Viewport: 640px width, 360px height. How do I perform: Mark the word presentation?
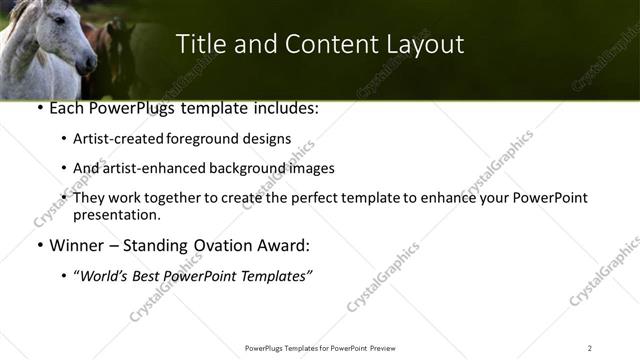116,215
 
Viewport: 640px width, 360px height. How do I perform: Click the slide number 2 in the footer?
590,347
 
